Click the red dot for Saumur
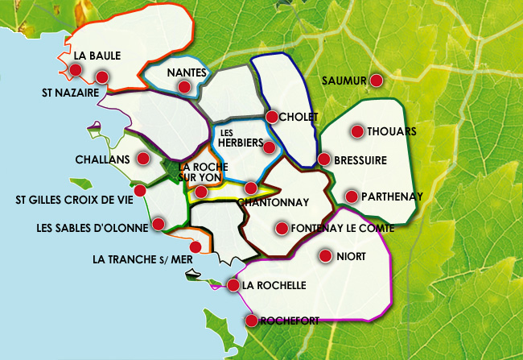[376, 80]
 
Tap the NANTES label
[187, 73]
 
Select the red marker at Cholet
[272, 117]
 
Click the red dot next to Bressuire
[323, 159]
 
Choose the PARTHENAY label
[392, 196]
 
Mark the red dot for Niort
[325, 256]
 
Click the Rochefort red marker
[251, 321]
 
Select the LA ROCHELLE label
[274, 285]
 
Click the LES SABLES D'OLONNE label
[93, 227]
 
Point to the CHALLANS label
[102, 159]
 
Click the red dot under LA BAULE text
[76, 71]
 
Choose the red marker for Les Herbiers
[269, 147]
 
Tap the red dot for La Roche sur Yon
[201, 192]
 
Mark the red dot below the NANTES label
[185, 87]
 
